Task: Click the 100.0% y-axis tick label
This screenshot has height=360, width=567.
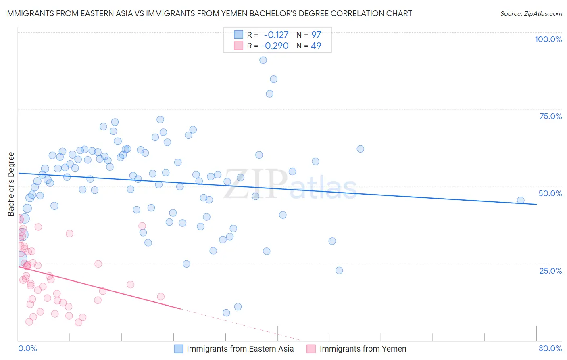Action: tap(548, 39)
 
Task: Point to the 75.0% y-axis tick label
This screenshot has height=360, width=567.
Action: tap(550, 116)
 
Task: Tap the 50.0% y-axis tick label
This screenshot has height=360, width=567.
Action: tap(550, 193)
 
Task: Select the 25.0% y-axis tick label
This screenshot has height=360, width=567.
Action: tap(550, 270)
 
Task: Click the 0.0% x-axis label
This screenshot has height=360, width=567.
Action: tap(27, 348)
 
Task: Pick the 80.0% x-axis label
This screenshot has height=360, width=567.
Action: tap(550, 348)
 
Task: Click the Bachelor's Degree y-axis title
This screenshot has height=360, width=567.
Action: tap(11, 184)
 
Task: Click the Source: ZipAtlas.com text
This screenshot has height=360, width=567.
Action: tap(531, 13)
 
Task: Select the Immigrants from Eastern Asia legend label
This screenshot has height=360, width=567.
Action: tap(240, 349)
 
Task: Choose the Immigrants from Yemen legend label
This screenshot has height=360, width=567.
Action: tap(363, 349)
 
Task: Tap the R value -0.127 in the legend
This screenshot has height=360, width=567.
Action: tap(276, 35)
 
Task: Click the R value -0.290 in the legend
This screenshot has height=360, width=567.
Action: tap(275, 46)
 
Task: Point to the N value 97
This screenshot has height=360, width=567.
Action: tap(316, 35)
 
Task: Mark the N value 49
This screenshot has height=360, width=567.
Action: tap(316, 46)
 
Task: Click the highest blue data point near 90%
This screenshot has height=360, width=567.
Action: tap(263, 60)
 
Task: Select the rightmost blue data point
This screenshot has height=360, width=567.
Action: tap(521, 200)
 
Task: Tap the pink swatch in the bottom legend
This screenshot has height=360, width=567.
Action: tap(311, 349)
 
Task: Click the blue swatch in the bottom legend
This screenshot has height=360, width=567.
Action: tap(178, 349)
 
